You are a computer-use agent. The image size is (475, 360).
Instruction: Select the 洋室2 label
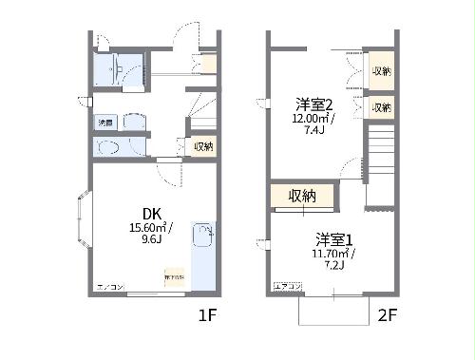pos(313,104)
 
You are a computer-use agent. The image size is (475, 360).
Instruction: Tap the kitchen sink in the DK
pos(203,235)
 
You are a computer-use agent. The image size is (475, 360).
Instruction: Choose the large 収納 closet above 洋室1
pos(301,196)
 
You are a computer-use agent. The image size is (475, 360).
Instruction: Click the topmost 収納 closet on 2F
pos(381,72)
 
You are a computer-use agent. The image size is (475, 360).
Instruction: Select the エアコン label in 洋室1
pos(287,286)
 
